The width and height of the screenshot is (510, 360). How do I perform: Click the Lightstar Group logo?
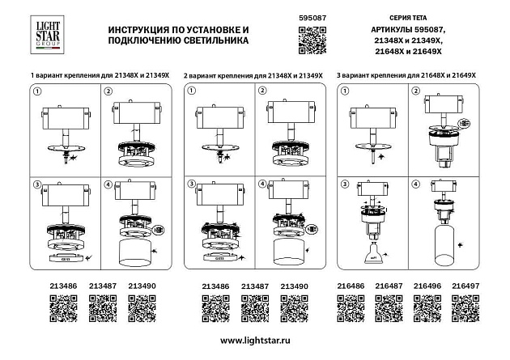point(46,36)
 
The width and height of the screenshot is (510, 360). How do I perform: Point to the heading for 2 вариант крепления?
point(253,74)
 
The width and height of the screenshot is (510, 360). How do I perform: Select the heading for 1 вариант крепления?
point(98,74)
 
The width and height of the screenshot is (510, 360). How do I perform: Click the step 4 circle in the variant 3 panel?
point(415,184)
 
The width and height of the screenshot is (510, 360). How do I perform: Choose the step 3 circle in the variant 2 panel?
point(191,184)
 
